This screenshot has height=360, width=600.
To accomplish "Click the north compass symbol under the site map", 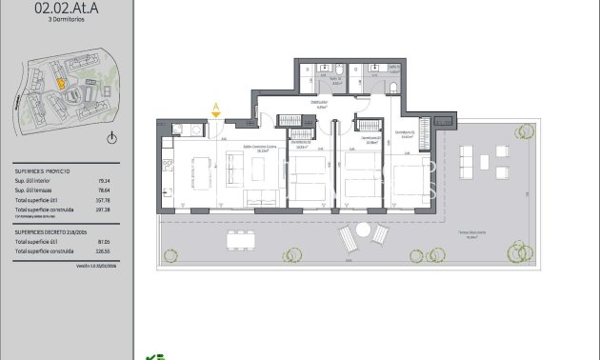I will pyautogui.click(x=112, y=139).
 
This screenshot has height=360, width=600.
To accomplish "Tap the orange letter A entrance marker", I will pyautogui.click(x=216, y=108).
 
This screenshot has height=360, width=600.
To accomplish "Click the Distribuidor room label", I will pyautogui.click(x=320, y=104).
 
